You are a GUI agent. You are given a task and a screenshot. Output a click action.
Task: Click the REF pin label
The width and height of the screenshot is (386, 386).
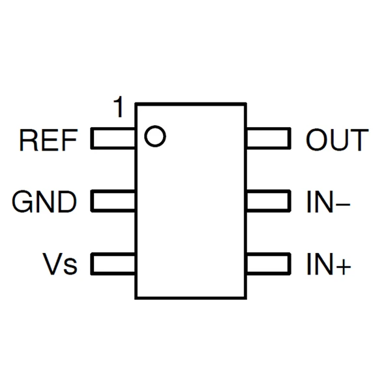click(x=49, y=140)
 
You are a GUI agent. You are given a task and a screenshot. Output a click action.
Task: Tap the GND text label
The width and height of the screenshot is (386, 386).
click(x=44, y=203)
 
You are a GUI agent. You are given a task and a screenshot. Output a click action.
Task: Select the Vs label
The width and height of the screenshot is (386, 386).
click(x=60, y=265)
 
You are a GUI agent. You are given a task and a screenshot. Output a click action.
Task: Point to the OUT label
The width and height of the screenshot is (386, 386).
click(x=336, y=140)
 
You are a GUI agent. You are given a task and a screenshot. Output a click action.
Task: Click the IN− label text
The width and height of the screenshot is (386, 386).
click(x=328, y=203)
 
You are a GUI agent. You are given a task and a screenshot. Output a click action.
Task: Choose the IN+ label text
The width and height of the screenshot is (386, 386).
click(x=328, y=265)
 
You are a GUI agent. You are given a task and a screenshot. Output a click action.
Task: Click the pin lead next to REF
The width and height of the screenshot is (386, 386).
click(x=113, y=139)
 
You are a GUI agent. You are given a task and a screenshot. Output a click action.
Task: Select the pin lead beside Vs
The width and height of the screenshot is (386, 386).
click(x=113, y=265)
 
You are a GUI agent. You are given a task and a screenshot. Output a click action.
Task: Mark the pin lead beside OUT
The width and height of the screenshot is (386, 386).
click(x=267, y=139)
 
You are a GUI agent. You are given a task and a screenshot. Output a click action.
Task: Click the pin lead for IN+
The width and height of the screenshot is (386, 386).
click(x=267, y=265)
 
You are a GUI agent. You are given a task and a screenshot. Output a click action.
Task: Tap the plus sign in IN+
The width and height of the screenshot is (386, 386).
click(x=343, y=267)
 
